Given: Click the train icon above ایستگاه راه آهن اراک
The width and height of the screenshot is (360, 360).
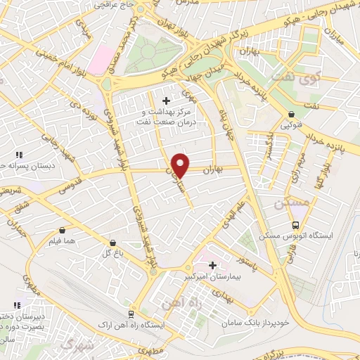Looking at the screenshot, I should tap(131, 314).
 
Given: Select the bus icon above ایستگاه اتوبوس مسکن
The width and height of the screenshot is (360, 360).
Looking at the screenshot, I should tap(295, 226).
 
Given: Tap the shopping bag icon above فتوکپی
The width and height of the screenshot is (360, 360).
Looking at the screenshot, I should tap(291, 115).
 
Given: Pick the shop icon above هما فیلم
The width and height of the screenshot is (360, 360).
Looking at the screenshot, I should tap(63, 229).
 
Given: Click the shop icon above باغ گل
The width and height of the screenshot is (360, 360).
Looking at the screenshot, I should tap(110, 241).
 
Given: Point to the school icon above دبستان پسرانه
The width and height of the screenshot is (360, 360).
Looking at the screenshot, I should tap(20, 155).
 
